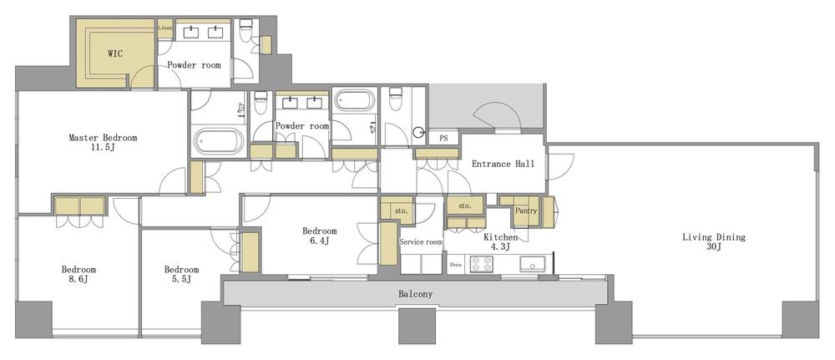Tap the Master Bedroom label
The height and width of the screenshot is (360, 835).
pyautogui.click(x=103, y=142)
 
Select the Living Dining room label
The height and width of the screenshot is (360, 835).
pyautogui.click(x=714, y=241)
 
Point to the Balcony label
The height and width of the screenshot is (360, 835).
pyautogui.click(x=415, y=294)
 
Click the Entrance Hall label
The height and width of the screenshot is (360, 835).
pyautogui.click(x=503, y=164)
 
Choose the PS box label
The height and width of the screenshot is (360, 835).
pyautogui.click(x=443, y=139)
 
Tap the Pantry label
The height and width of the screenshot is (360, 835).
pyautogui.click(x=525, y=210)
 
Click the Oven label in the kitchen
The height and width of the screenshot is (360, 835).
pyautogui.click(x=455, y=264)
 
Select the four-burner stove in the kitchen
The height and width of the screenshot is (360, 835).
pyautogui.click(x=482, y=264)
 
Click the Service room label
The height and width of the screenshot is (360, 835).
pyautogui.click(x=421, y=241)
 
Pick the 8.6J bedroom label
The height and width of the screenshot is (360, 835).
pyautogui.click(x=78, y=274)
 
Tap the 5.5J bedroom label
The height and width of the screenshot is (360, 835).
pyautogui.click(x=181, y=274)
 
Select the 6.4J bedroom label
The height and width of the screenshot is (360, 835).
pyautogui.click(x=320, y=236)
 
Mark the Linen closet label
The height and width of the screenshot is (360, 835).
pyautogui.click(x=165, y=28)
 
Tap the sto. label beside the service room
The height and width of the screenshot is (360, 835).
pyautogui.click(x=402, y=210)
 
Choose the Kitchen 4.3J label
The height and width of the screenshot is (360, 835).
pyautogui.click(x=500, y=241)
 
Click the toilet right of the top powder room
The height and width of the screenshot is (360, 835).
pyautogui.click(x=245, y=30)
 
